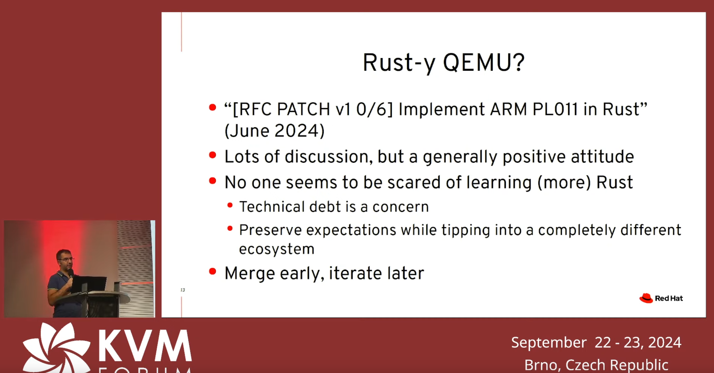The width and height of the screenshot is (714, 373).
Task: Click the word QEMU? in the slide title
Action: pos(484,63)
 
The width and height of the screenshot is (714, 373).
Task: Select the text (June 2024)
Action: pos(275,131)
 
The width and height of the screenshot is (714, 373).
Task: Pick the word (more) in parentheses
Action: pos(564,182)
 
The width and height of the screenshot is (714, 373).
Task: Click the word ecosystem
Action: pos(277,249)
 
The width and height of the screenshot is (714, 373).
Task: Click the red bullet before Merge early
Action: pos(213,271)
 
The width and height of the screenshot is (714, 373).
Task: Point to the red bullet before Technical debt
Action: pos(230,205)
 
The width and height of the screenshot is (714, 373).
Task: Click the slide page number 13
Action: pos(183,290)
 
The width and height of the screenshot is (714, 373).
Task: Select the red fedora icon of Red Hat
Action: pos(646,298)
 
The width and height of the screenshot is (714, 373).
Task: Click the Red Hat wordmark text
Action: pos(669,298)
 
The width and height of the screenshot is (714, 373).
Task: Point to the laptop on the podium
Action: pos(89,284)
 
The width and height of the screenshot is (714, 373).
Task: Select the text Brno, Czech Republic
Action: pos(596,365)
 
